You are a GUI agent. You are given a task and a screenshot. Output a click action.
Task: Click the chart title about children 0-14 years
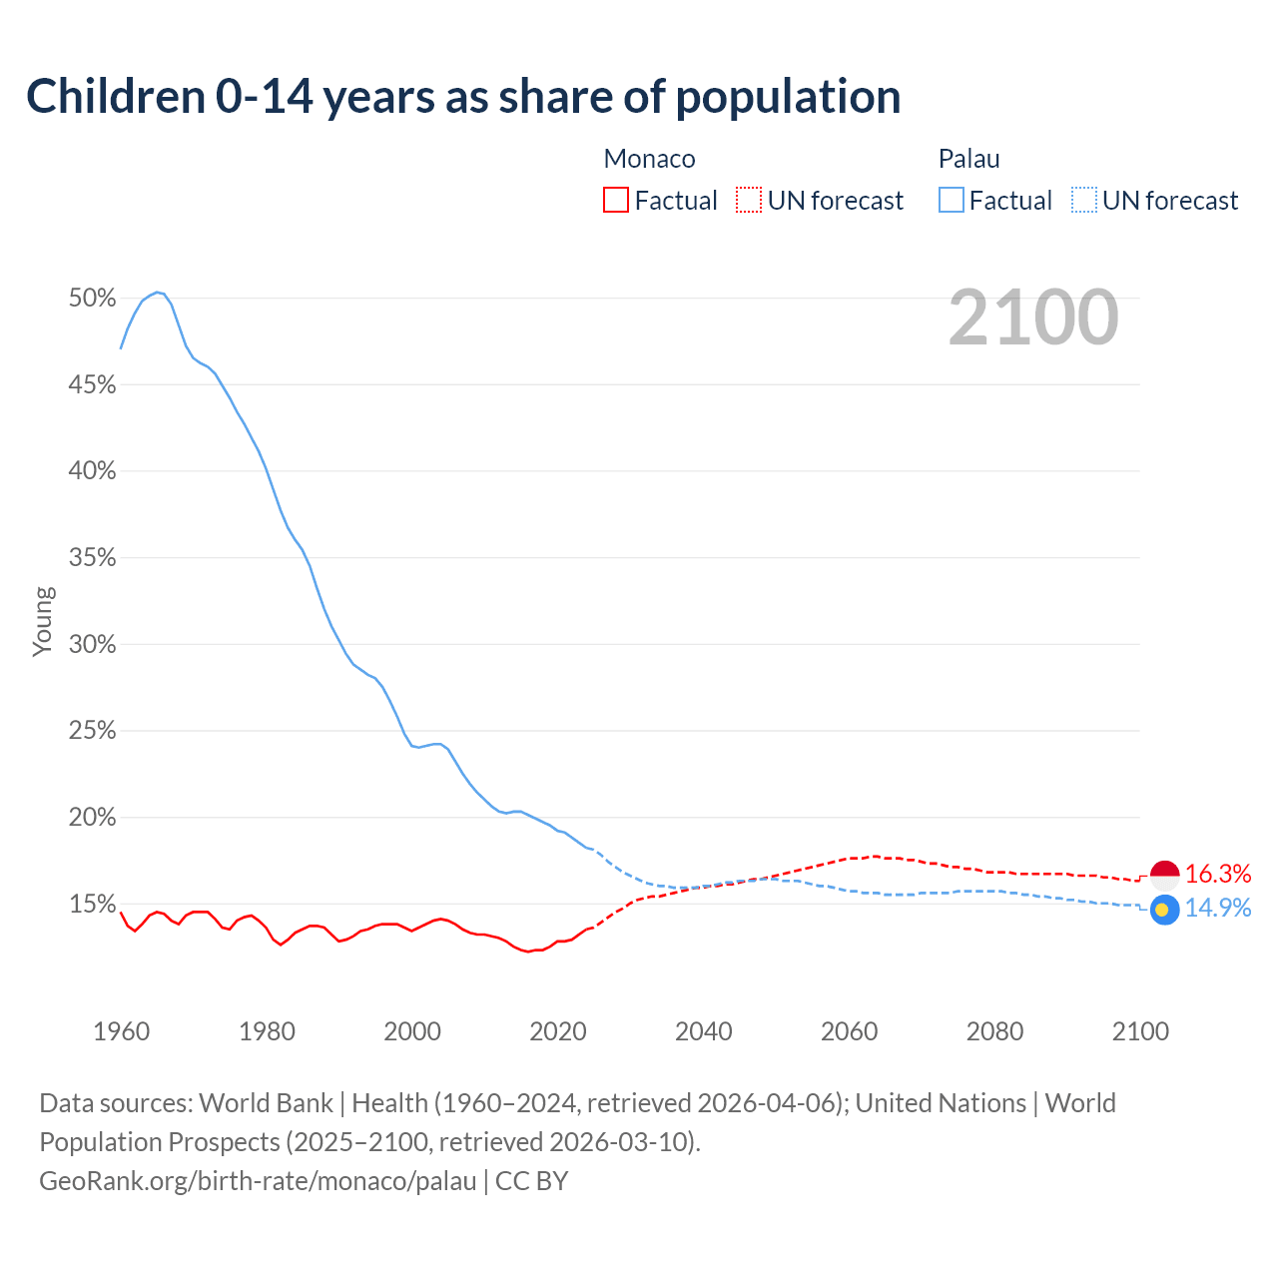tap(463, 97)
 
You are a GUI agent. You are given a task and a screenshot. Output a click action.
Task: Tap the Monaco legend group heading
tap(649, 159)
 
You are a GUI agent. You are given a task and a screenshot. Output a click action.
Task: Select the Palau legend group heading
tap(968, 159)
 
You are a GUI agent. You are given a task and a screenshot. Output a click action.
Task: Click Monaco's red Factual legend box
tap(616, 201)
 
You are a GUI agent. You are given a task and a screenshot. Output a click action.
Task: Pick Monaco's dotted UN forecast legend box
tap(749, 201)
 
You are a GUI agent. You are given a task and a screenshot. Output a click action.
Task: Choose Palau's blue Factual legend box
tap(951, 201)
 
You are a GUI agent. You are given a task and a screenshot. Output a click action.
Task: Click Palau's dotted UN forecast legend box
tap(1083, 201)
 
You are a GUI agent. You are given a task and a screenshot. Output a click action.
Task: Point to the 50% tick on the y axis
tap(93, 299)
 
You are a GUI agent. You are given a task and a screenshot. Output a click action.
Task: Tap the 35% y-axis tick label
tap(93, 558)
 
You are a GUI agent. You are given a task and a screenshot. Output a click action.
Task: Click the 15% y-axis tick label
tap(93, 905)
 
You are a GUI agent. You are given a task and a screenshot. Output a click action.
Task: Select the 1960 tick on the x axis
tap(121, 1031)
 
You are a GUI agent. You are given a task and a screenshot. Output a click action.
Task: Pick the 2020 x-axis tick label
tap(558, 1031)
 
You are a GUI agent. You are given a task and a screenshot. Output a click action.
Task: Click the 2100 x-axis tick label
tap(1140, 1031)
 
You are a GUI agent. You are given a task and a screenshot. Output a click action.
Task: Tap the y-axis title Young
tap(43, 621)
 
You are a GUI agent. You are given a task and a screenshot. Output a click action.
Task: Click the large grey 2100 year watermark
tap(1033, 318)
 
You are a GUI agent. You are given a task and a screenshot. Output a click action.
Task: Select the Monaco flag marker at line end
tap(1165, 875)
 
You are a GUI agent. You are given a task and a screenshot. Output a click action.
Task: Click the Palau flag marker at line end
tap(1165, 910)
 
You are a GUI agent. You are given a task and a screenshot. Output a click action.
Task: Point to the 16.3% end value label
tap(1218, 875)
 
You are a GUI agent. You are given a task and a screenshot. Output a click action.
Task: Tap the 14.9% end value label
tap(1218, 908)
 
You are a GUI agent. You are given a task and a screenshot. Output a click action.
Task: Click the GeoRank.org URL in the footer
tap(258, 1181)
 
